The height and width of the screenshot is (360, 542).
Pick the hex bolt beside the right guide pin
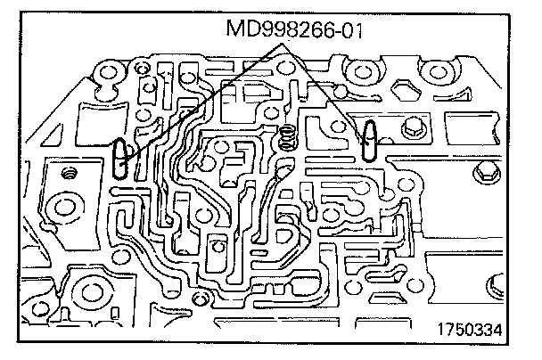click(x=411, y=128)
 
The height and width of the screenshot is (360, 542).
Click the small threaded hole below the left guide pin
click(x=68, y=176)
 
